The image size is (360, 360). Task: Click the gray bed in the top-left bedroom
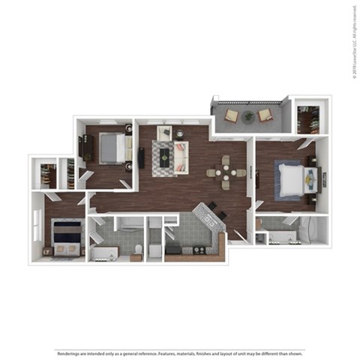[110, 147]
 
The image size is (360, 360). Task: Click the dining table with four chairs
[226, 172]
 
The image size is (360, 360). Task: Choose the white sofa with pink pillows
[181, 157]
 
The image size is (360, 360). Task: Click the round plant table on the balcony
[248, 117]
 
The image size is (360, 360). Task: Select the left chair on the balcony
[232, 115]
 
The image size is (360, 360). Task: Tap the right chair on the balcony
[265, 115]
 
